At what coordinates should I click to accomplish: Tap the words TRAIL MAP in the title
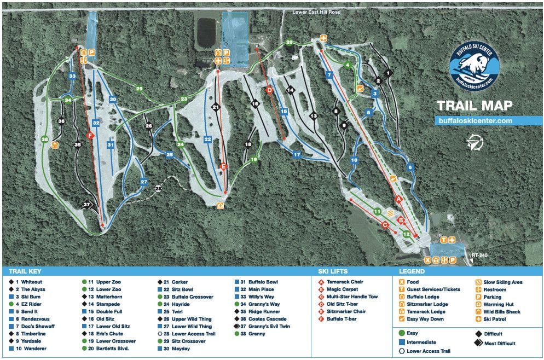tap(474, 105)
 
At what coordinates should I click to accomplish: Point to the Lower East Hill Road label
tap(316, 12)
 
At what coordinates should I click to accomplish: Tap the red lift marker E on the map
tap(223, 166)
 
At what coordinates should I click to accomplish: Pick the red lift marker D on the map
tap(269, 90)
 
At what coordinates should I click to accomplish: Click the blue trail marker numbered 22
tap(207, 140)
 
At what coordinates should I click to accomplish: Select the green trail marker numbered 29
tap(139, 89)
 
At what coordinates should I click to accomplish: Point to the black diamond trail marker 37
tap(86, 205)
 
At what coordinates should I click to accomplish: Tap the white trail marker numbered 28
tap(159, 189)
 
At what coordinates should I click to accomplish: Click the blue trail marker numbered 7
tap(329, 74)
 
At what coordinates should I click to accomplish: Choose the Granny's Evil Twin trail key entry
tap(266, 326)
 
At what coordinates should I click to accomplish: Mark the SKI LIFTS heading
tap(332, 271)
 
